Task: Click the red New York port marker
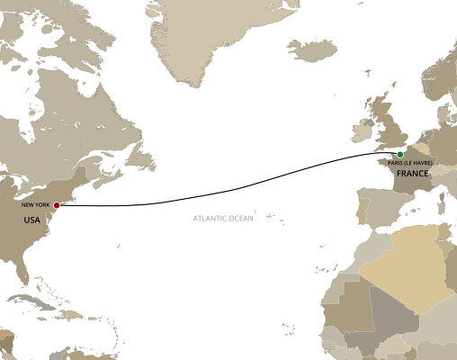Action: pos(58,204)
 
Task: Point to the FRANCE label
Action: pos(411,171)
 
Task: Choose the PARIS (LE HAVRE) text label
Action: pos(411,162)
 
